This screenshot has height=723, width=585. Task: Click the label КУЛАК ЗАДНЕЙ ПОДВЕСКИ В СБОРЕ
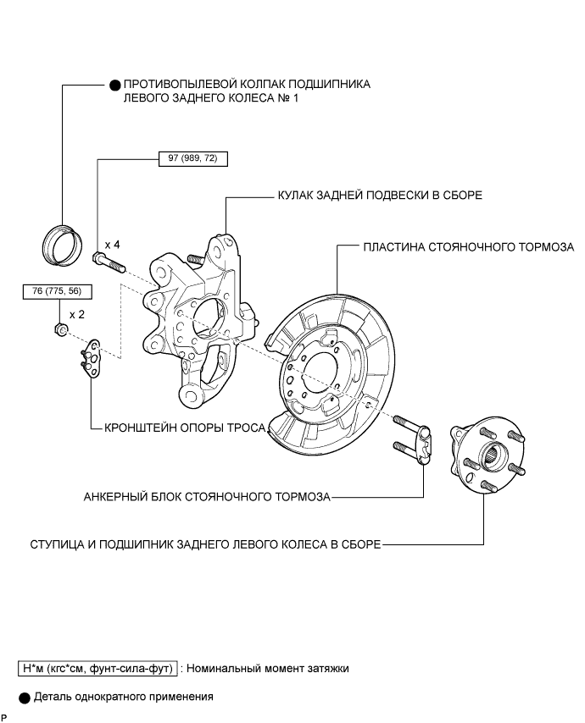click(379, 196)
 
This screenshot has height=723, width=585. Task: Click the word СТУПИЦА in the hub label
click(57, 544)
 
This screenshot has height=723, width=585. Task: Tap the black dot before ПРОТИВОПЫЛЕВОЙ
click(115, 85)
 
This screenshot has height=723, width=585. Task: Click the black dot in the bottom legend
click(24, 698)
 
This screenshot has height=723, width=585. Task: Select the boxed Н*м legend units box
click(97, 669)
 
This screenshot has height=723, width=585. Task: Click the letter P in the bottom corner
click(4, 717)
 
